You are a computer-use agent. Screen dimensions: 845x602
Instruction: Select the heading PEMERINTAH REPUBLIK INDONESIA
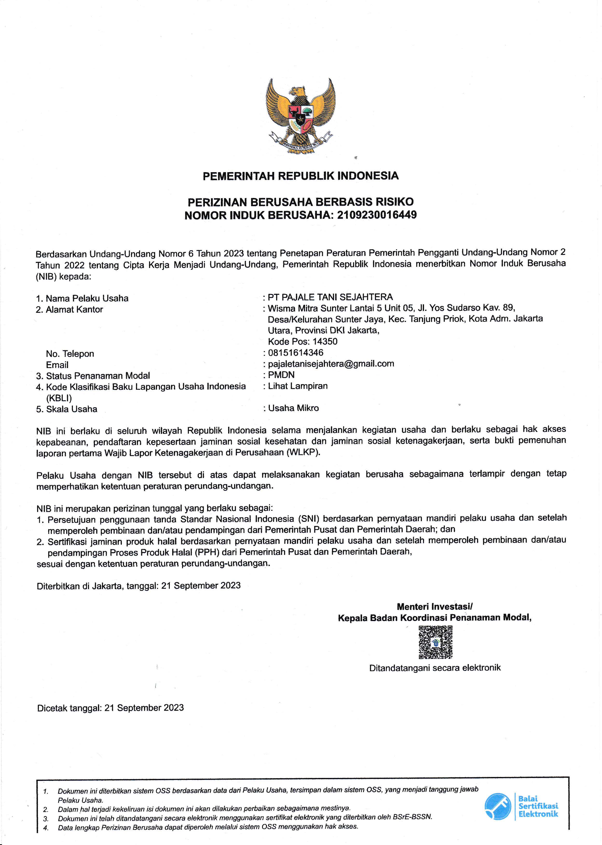tap(301, 176)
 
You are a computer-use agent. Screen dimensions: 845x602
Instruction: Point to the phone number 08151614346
tap(295, 353)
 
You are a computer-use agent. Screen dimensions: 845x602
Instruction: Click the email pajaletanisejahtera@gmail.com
tap(331, 364)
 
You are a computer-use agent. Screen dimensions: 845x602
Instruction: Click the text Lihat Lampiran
tap(298, 386)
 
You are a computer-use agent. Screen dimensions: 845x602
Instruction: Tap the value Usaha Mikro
tap(293, 408)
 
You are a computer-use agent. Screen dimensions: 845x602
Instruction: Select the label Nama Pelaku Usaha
tap(87, 298)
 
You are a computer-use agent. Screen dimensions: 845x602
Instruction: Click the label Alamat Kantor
tap(74, 309)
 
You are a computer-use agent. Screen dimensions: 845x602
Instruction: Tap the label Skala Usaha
tap(72, 409)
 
